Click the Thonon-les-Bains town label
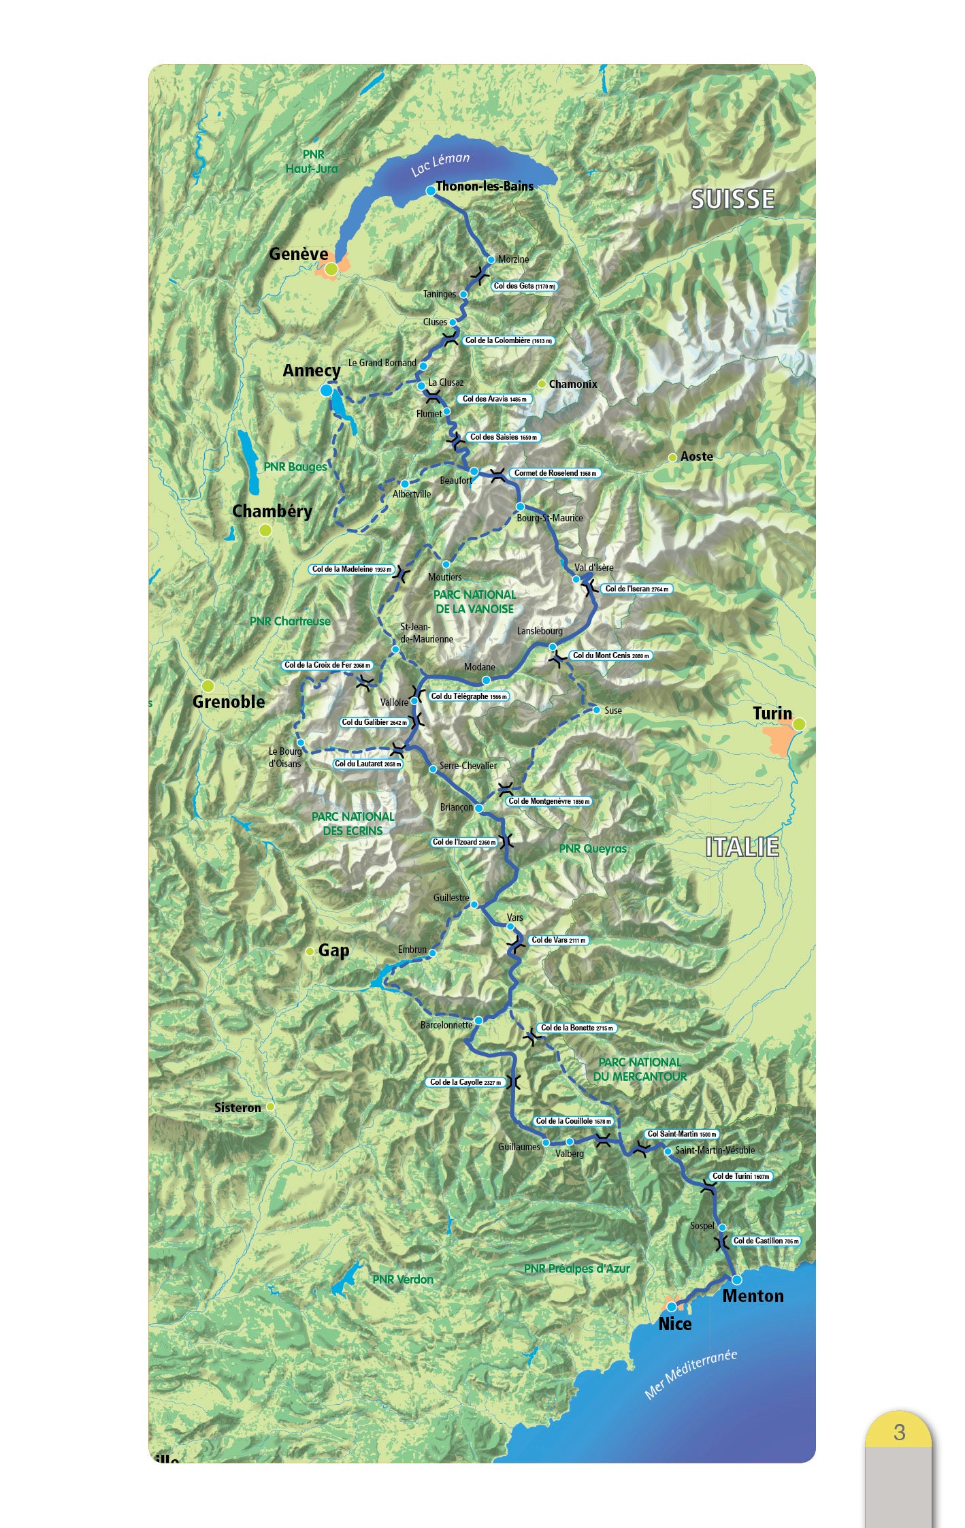(x=485, y=186)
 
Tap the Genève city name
(x=298, y=254)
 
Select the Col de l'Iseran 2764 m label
(x=637, y=589)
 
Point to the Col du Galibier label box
(x=374, y=722)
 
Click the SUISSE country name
(x=733, y=199)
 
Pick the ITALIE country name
(x=742, y=847)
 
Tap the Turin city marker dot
(x=799, y=724)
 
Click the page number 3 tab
(x=899, y=1432)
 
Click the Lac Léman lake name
(x=440, y=164)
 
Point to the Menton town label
(x=753, y=1296)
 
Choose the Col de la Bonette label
(x=576, y=1028)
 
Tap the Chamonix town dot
(x=542, y=384)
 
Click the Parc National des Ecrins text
(x=353, y=824)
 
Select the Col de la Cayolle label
(x=466, y=1082)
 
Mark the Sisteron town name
(x=238, y=1108)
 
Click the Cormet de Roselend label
(x=555, y=473)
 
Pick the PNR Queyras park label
(x=593, y=849)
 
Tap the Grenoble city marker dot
(x=208, y=685)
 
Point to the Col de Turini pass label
(x=740, y=1176)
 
